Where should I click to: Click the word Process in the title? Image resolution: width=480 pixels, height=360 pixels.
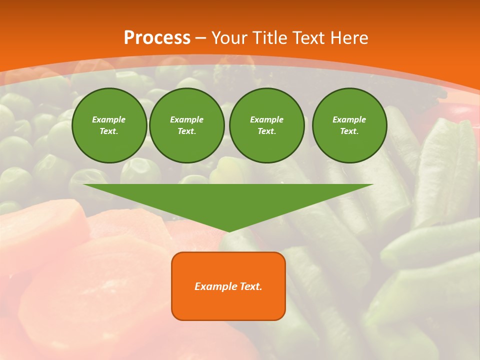pyautogui.click(x=157, y=38)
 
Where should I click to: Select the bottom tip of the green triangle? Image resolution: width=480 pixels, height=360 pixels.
pyautogui.click(x=228, y=230)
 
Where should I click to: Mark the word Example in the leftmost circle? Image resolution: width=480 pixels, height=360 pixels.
pyautogui.click(x=109, y=119)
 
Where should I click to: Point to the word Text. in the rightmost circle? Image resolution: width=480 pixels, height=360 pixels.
pyautogui.click(x=349, y=131)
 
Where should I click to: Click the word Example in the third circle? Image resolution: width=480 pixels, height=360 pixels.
pyautogui.click(x=266, y=119)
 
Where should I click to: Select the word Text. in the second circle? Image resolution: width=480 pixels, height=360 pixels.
pyautogui.click(x=186, y=131)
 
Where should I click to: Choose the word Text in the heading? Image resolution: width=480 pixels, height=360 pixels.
pyautogui.click(x=308, y=38)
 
